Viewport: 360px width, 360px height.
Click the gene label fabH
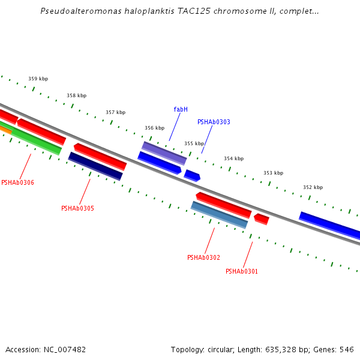coord(181,109)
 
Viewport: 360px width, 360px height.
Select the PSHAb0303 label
coord(214,122)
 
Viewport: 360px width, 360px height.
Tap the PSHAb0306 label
coord(17,182)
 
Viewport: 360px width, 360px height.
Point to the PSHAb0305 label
coord(77,208)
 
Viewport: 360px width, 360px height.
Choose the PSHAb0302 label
coord(203,257)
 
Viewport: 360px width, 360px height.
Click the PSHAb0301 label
coord(242,271)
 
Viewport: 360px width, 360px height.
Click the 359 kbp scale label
coord(38,79)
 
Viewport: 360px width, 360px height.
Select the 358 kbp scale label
coord(76,95)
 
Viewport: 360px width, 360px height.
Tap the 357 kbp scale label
coord(115,112)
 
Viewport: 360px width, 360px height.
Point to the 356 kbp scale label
coord(154,128)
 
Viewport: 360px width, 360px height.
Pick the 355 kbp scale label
coord(194,143)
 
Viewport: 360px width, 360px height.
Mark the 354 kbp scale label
coord(233,158)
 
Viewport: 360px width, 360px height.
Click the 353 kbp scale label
coord(273,173)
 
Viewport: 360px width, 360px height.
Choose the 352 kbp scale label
coord(313,187)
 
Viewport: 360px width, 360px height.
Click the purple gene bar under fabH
coord(164,153)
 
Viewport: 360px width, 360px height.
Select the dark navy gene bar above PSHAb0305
coord(95,166)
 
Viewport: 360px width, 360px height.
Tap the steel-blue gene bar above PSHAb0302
coord(219,215)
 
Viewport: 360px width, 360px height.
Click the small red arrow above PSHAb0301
coord(261,219)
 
